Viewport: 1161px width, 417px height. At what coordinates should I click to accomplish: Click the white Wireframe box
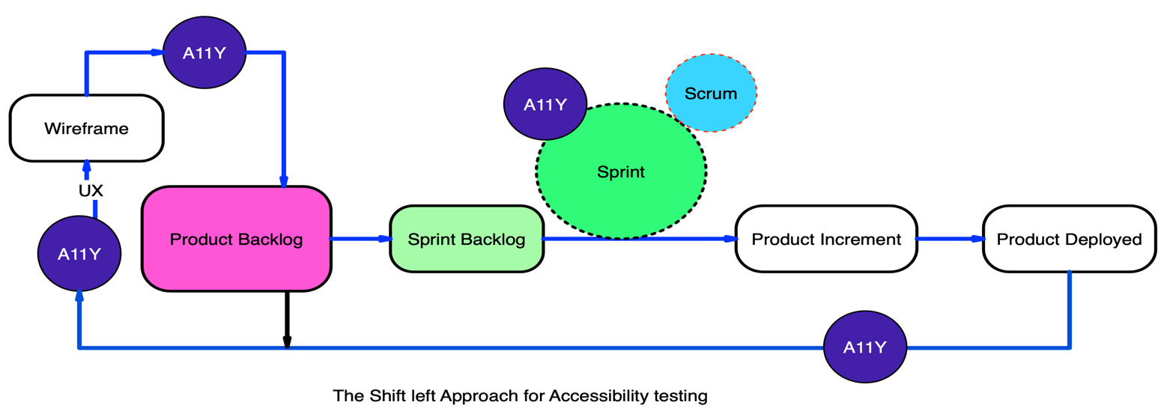(x=86, y=128)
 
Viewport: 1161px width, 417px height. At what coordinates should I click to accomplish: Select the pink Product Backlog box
(x=236, y=239)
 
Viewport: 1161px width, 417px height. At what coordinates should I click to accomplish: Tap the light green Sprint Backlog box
(x=466, y=240)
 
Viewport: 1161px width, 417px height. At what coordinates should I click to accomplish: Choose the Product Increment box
(x=825, y=240)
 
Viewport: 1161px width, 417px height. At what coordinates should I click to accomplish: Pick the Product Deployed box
(x=1069, y=240)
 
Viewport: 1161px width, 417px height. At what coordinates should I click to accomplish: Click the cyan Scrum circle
(x=710, y=94)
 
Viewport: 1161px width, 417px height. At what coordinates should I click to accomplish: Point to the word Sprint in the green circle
(x=620, y=172)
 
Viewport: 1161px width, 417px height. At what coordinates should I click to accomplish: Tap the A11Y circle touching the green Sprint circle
(x=545, y=105)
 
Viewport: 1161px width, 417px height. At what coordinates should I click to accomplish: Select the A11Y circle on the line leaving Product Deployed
(x=864, y=347)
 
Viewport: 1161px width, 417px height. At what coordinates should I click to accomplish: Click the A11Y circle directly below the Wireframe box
(x=79, y=254)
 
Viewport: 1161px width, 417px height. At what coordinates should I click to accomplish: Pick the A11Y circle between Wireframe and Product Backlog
(x=204, y=53)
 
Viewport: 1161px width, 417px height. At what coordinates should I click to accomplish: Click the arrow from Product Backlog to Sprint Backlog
(x=360, y=239)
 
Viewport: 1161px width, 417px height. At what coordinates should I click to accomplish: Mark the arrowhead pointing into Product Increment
(x=730, y=239)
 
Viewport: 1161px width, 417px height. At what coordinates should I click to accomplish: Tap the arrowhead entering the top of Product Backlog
(x=284, y=181)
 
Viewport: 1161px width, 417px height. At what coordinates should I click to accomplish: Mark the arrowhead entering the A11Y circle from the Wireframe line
(x=157, y=52)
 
